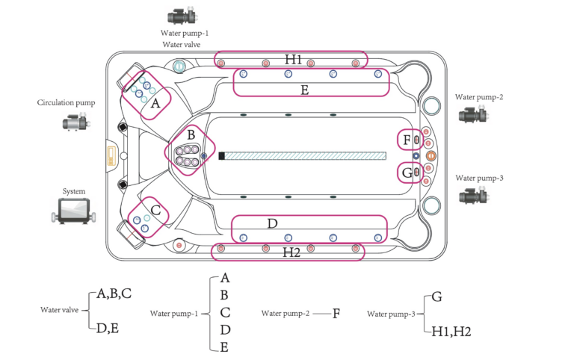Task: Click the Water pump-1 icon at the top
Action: pyautogui.click(x=183, y=16)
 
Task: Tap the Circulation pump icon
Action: pyautogui.click(x=76, y=122)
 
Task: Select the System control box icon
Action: pyautogui.click(x=74, y=211)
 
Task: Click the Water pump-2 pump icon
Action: pyautogui.click(x=473, y=114)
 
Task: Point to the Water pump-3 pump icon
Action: pyautogui.click(x=473, y=194)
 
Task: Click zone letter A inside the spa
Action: pyautogui.click(x=155, y=104)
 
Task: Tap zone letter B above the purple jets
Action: pyautogui.click(x=191, y=135)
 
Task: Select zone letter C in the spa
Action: pyautogui.click(x=155, y=211)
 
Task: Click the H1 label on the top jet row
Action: pyautogui.click(x=293, y=59)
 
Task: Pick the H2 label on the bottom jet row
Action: pyautogui.click(x=291, y=252)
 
